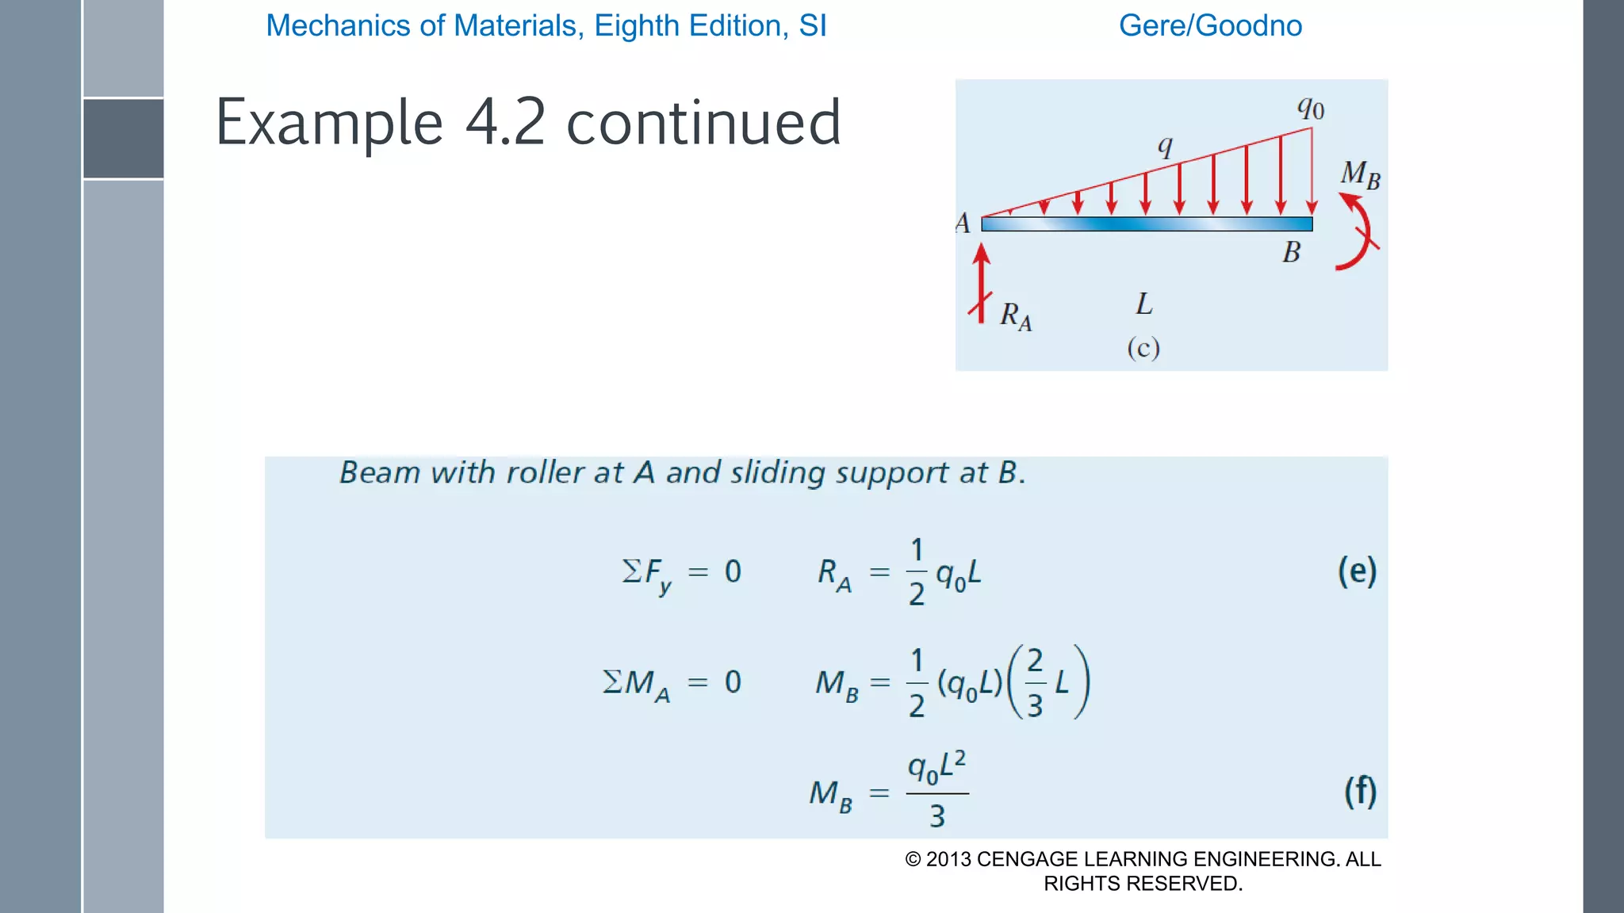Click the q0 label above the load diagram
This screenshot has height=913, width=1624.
coord(1311,108)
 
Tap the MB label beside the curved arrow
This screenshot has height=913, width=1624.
coord(1360,174)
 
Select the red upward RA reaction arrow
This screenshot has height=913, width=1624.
coord(982,282)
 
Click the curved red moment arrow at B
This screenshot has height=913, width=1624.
coord(1359,234)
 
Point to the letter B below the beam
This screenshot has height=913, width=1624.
coord(1292,252)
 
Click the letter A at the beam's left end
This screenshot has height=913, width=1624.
coord(963,223)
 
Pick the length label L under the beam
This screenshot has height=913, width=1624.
coord(1143,304)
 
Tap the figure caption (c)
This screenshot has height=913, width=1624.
coord(1143,348)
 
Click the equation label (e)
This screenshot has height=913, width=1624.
coord(1357,571)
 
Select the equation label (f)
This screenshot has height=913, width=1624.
coord(1360,791)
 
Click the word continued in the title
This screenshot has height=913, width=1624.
coord(703,123)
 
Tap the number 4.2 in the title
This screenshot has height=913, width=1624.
coord(505,123)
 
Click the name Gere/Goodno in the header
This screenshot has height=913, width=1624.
coord(1210,25)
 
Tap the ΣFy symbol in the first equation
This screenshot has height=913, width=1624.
coord(646,573)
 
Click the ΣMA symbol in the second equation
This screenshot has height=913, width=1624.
coord(636,683)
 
